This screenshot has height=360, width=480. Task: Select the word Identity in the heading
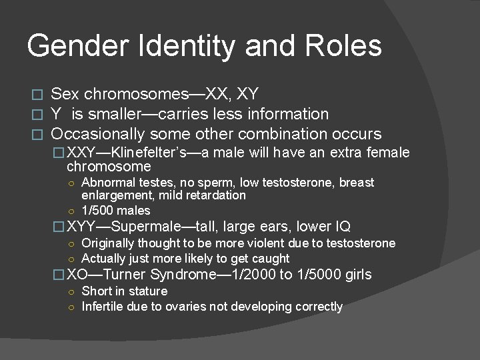(x=178, y=46)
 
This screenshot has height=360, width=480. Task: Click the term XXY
(x=83, y=153)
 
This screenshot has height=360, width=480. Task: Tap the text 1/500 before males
(x=99, y=211)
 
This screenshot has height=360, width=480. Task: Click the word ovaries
(x=199, y=307)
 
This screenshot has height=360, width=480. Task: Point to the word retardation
(x=219, y=195)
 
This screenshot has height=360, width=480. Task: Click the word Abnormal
(x=107, y=182)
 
